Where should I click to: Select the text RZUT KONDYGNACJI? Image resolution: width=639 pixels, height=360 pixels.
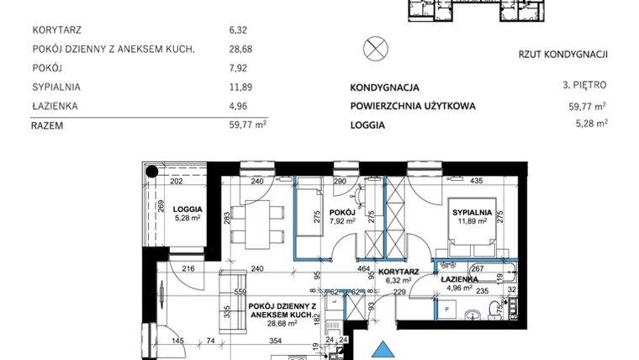tap(562, 56)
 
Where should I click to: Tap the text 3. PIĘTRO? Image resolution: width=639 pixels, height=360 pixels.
tap(583, 86)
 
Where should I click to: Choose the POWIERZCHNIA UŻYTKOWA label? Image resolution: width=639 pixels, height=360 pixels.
tap(413, 106)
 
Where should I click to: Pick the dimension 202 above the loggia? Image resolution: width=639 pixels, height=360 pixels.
tap(177, 180)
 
